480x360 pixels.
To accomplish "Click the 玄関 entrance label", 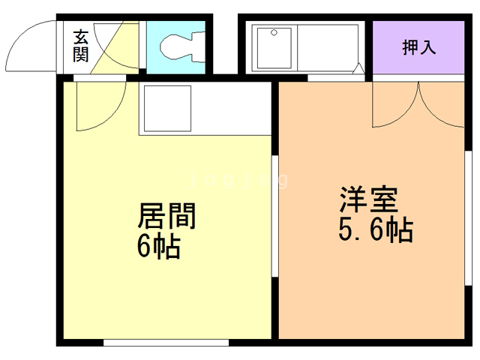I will (x=81, y=44).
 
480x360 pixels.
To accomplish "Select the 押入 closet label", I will (x=419, y=47).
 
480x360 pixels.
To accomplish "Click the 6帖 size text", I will (x=158, y=246).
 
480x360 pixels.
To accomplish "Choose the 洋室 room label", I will (x=367, y=200).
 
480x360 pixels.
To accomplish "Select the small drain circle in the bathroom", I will (x=274, y=33).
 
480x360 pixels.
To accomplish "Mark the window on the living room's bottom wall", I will (x=165, y=343).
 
